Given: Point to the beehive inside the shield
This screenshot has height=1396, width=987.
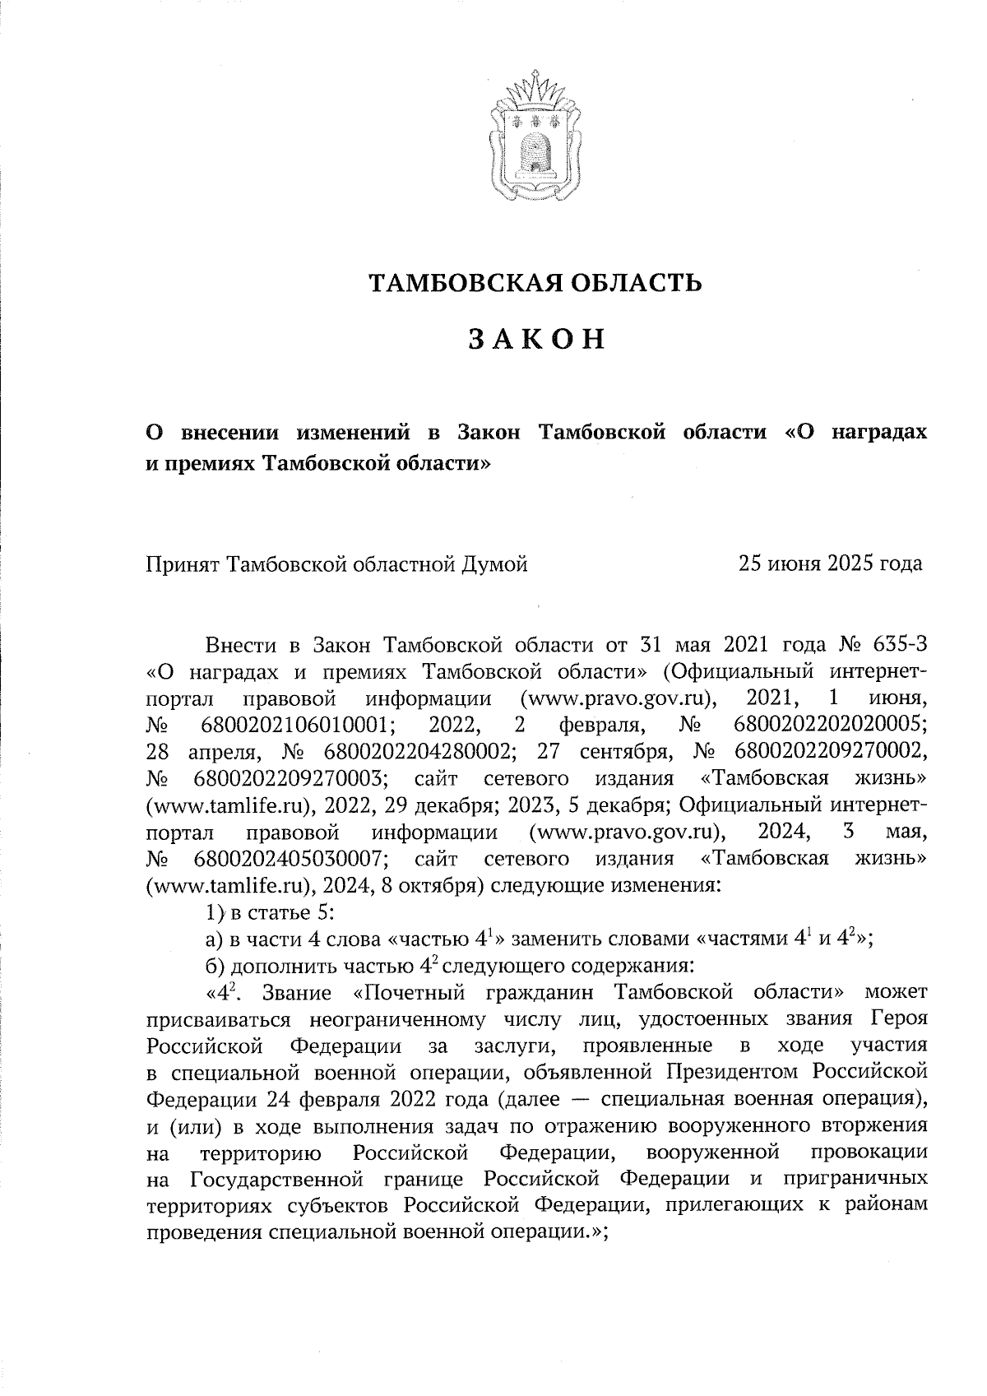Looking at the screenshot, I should [x=534, y=147].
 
